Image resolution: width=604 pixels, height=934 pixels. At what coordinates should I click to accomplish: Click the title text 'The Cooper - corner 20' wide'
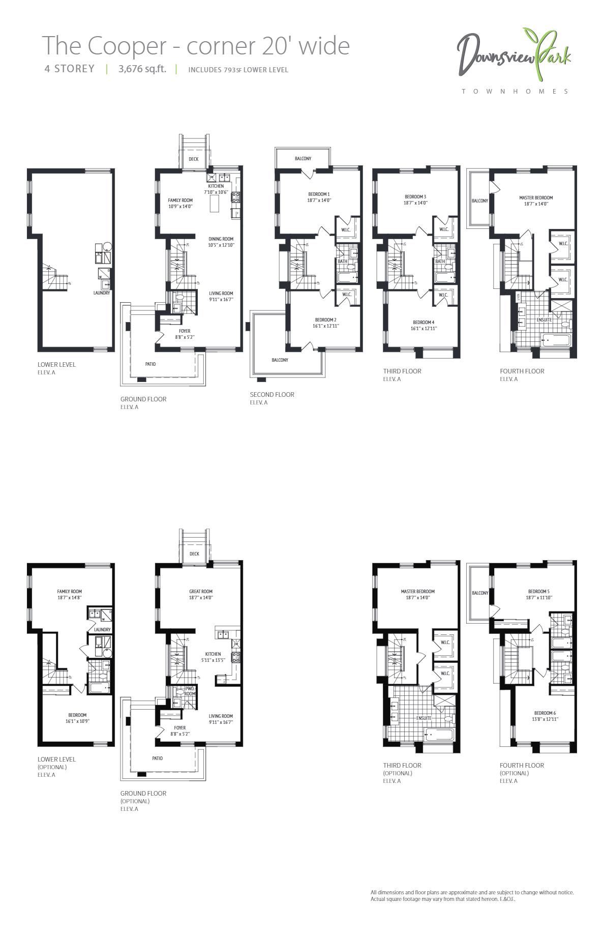point(195,46)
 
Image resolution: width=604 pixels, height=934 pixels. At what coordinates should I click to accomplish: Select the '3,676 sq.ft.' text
point(142,69)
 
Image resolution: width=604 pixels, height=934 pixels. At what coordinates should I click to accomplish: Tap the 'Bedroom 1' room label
point(319,194)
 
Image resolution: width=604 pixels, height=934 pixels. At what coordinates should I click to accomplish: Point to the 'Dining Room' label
point(221,239)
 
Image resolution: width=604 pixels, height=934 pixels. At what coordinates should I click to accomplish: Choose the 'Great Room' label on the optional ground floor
point(201,592)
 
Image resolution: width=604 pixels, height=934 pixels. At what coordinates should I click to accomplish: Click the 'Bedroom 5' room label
point(538,592)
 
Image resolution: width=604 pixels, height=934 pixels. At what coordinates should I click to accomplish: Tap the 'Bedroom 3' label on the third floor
point(415,197)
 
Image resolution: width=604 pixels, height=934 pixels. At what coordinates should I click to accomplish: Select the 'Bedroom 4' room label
point(424,323)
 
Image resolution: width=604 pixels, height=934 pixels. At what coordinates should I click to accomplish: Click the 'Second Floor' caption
point(272,395)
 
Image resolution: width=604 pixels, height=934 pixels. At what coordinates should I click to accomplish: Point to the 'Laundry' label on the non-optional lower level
point(102,293)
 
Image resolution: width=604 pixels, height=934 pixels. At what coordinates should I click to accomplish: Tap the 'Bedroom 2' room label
point(325,320)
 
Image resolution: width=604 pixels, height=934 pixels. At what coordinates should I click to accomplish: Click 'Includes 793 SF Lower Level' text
point(238,70)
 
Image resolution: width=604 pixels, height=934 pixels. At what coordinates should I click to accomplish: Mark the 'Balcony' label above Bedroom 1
point(303,159)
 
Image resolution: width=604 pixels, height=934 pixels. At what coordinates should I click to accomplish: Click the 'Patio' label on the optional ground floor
point(158,758)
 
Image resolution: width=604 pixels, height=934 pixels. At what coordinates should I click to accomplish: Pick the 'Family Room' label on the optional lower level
point(69,592)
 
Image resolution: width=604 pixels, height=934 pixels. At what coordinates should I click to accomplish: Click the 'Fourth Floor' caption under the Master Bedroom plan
point(522,371)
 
